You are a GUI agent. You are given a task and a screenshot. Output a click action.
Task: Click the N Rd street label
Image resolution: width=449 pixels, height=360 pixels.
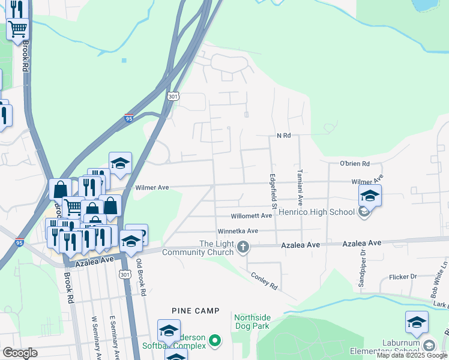283,136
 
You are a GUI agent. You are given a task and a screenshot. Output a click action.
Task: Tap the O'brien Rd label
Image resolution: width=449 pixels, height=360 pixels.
354,164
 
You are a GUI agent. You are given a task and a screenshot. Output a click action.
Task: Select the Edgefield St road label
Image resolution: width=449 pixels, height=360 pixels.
273,191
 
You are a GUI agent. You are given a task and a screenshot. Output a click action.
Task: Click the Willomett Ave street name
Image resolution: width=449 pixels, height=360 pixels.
252,216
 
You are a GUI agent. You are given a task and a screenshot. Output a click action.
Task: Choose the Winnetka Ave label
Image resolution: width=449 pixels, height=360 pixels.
237,230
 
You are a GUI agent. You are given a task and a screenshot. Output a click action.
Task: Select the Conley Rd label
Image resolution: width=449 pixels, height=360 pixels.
264,281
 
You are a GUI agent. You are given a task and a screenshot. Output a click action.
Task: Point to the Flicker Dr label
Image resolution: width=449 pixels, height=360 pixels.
403,277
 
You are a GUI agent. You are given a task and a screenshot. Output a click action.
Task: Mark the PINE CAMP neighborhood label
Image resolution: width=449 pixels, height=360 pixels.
195,311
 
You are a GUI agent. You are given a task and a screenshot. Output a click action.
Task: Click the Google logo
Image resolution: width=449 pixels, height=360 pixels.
20,352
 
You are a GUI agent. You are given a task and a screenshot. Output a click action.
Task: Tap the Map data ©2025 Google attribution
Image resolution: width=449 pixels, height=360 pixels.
412,356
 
